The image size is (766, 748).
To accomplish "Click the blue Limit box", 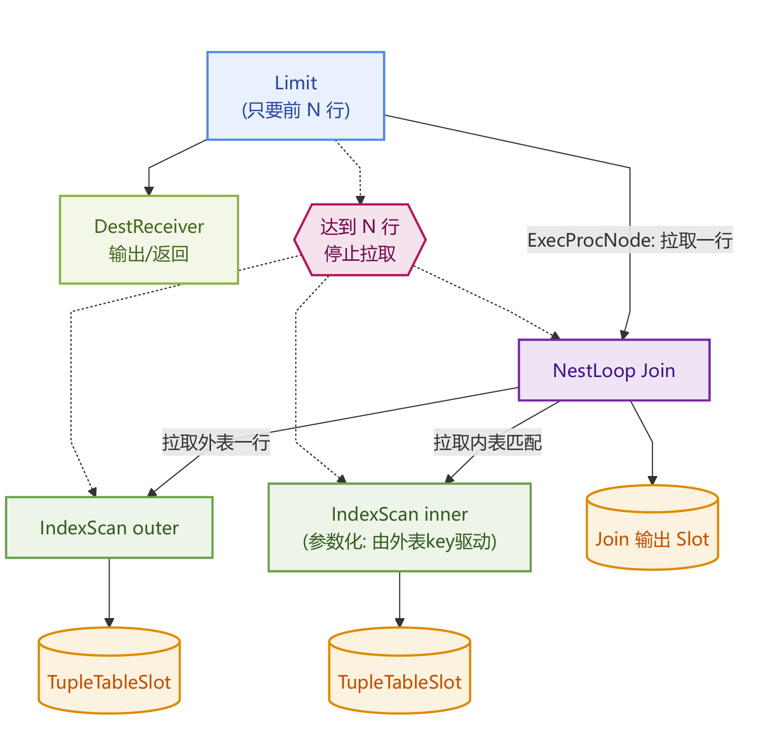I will click(x=296, y=95).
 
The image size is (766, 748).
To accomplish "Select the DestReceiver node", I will click(x=149, y=240).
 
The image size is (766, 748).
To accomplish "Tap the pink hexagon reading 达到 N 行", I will click(x=360, y=240).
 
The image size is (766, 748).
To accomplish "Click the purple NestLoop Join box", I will click(x=614, y=370).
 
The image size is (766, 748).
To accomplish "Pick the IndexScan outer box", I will click(x=109, y=528).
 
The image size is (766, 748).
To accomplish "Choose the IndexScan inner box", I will click(x=399, y=528).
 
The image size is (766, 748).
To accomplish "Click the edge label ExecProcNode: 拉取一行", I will click(x=630, y=240).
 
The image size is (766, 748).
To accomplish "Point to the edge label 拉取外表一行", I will click(x=216, y=443).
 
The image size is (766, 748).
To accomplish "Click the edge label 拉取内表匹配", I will click(x=488, y=443).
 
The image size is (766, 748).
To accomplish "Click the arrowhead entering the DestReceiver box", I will click(x=149, y=191).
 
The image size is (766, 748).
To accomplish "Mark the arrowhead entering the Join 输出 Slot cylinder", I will click(x=652, y=481).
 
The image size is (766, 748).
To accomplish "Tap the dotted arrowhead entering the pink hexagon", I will click(x=360, y=200).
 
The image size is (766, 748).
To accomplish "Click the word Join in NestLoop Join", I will click(x=657, y=370).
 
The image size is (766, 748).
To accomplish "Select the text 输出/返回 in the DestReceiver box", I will click(x=149, y=254).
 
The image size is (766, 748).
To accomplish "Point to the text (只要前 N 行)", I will click(x=296, y=110).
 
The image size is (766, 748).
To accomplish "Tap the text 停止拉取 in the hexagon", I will click(x=360, y=254).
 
